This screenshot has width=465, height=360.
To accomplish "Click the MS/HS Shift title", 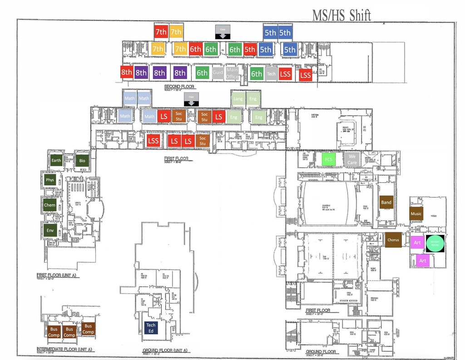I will pos(341,15).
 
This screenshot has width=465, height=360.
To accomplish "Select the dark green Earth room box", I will pos(56,160).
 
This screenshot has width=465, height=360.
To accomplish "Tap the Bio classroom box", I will pos(82,160).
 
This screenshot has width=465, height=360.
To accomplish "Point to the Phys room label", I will pos(50,180).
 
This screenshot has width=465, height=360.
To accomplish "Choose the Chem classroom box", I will pos(50,205).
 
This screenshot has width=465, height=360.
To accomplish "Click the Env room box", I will pos(50,230).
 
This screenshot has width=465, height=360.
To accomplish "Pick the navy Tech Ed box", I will pos(151,328).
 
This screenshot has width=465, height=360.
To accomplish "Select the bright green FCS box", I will pos(328,160).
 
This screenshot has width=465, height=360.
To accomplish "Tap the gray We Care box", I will pos(352,160).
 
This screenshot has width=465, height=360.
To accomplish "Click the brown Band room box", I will pos(386,202).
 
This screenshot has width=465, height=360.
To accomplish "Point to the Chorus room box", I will pos(393,240).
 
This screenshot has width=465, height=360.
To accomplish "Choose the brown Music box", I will pos(416,214).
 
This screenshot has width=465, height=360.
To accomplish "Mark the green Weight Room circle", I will pos(435,243).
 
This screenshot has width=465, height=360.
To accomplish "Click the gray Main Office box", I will pos(232,73).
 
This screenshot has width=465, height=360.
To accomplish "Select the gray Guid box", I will pos(218,73).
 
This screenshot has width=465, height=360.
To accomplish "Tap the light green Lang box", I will pos(238,99).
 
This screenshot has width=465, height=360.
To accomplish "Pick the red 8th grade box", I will pos(126,72).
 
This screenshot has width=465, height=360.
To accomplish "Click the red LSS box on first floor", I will pos(153,140).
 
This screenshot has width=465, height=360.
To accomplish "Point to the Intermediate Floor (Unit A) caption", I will pos(64,350).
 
